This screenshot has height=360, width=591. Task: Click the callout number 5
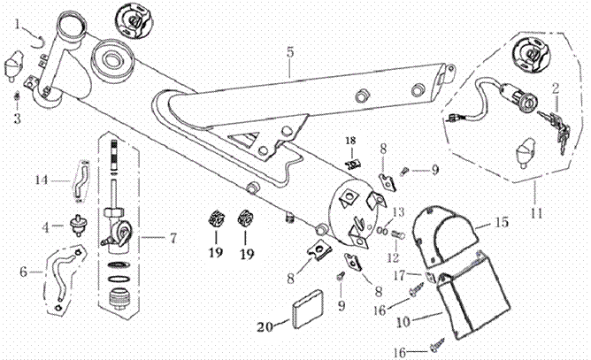coord(289,52)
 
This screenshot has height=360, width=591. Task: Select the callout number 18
coord(350,142)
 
